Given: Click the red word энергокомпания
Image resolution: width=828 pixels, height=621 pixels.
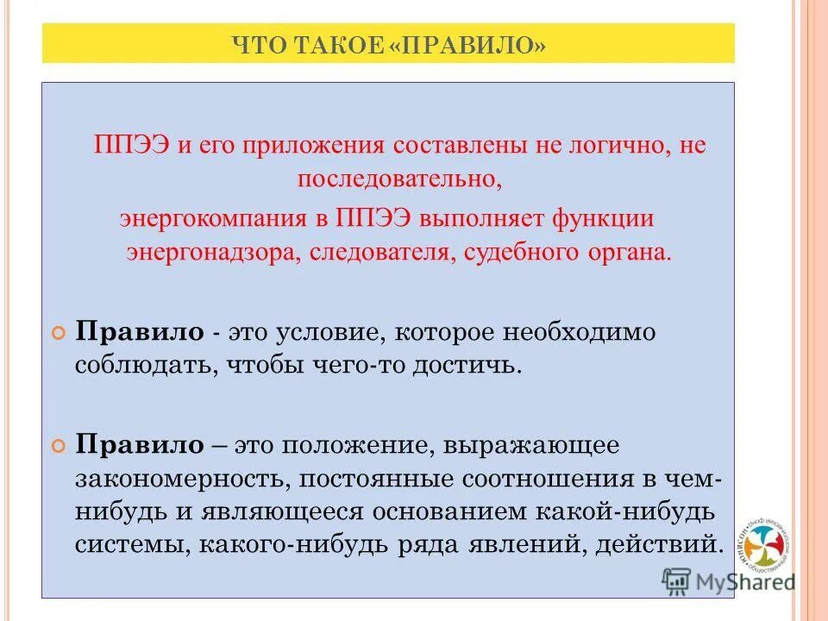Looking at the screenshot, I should [213, 217].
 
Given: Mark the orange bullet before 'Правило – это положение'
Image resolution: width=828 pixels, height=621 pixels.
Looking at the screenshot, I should [59, 446].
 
